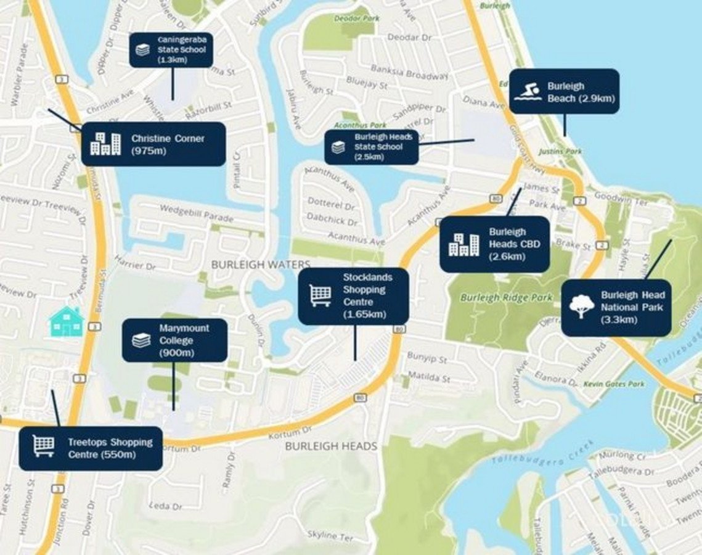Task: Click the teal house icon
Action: click(67, 322)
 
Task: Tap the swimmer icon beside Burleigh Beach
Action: click(528, 91)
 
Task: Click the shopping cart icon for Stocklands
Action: click(320, 295)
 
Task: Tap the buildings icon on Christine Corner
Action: click(105, 143)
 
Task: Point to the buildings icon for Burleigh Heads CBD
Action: click(463, 244)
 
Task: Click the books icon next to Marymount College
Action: click(141, 340)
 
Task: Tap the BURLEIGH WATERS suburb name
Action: click(261, 264)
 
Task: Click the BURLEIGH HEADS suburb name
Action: click(331, 446)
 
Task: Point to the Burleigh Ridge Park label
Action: click(506, 297)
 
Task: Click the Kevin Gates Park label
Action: click(622, 384)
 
